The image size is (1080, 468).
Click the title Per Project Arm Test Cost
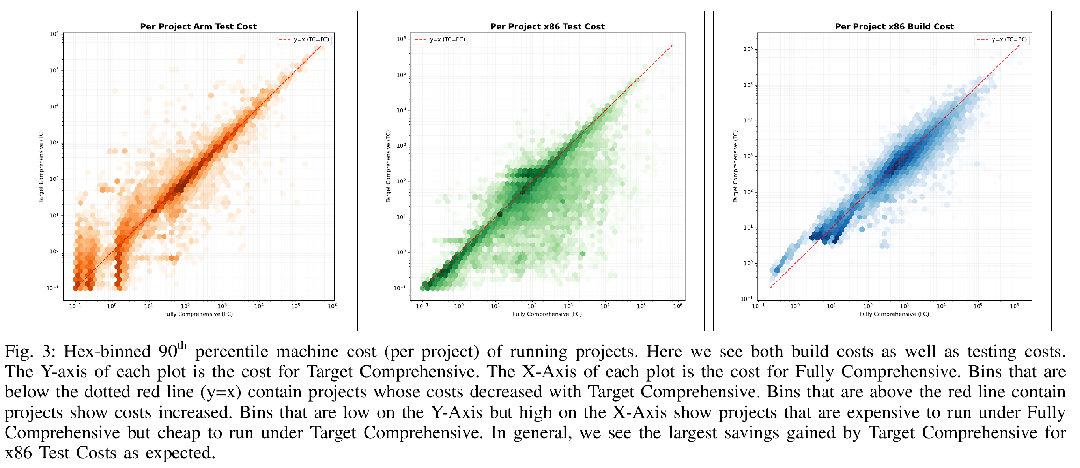198,27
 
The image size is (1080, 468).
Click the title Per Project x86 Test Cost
547,27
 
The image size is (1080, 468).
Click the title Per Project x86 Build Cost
894,27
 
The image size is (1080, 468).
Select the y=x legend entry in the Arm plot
304,40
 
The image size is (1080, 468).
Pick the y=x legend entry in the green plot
440,40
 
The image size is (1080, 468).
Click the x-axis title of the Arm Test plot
198,314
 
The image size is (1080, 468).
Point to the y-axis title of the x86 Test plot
388,167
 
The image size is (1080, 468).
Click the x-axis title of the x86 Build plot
894,314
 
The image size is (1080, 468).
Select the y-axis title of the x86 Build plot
735,167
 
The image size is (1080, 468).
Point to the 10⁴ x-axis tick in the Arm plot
258,306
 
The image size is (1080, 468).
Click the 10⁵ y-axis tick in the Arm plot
54,71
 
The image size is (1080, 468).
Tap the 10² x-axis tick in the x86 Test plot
532,306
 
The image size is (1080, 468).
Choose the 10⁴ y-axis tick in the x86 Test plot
401,110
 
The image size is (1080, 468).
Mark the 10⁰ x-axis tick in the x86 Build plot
794,306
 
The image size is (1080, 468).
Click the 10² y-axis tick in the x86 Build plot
748,192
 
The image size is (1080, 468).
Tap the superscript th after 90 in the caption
182,346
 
